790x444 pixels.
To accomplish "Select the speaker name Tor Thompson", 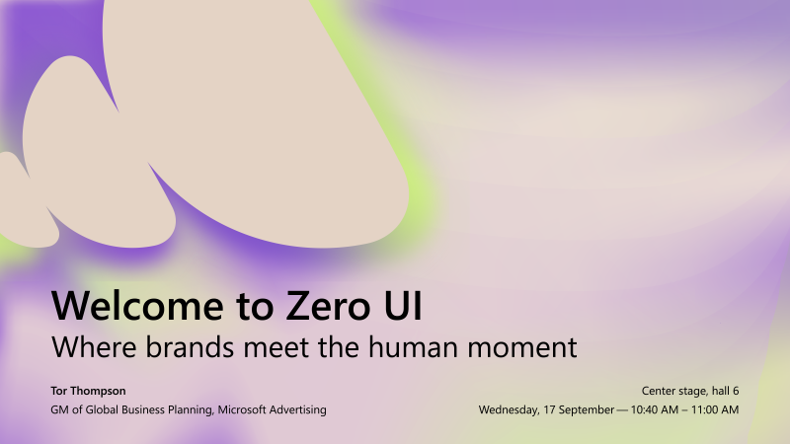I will (88, 391).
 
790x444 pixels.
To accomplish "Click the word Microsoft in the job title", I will (243, 409).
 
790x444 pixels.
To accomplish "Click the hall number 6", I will (736, 391).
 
